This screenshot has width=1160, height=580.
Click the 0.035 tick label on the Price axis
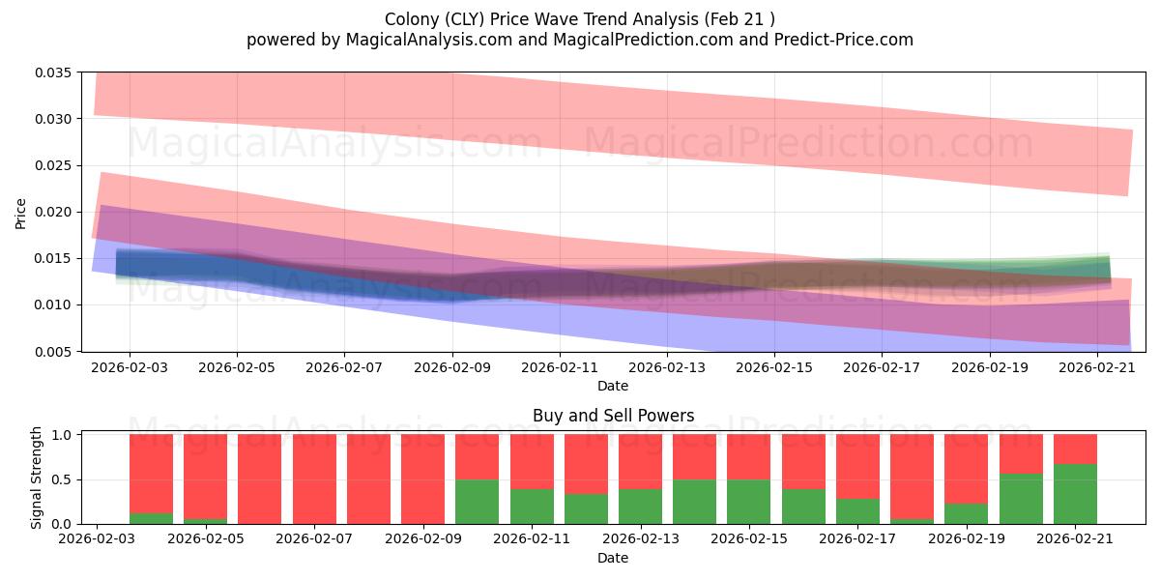53,72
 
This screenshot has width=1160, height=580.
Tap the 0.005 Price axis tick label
53,352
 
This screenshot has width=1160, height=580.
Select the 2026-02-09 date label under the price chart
452,367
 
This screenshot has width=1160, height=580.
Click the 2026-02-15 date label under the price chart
774,367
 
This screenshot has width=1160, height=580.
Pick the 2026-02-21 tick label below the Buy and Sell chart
1075,539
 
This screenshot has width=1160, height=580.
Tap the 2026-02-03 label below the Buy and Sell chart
97,539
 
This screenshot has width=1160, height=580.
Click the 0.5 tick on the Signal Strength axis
62,479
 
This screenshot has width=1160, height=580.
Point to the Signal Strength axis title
36,478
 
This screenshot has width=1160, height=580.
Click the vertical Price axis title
20,214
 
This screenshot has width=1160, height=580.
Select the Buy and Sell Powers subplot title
613,416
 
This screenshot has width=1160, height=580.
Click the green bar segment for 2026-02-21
1075,494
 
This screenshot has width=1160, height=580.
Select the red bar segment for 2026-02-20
1021,453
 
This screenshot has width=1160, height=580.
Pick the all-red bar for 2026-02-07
314,479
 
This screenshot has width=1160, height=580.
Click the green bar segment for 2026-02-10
477,502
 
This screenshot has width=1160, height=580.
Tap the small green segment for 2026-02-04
151,518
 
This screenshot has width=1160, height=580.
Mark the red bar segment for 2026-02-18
912,477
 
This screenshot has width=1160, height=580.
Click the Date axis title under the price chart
613,386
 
